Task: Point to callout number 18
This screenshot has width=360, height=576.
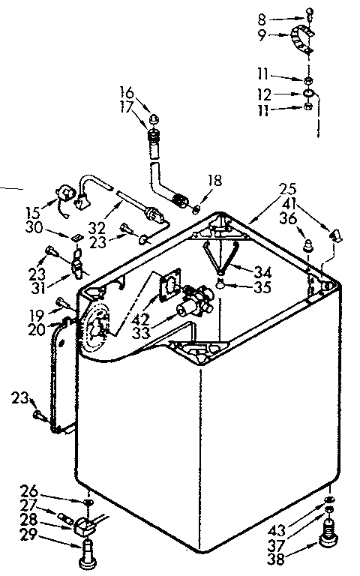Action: click(214, 181)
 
